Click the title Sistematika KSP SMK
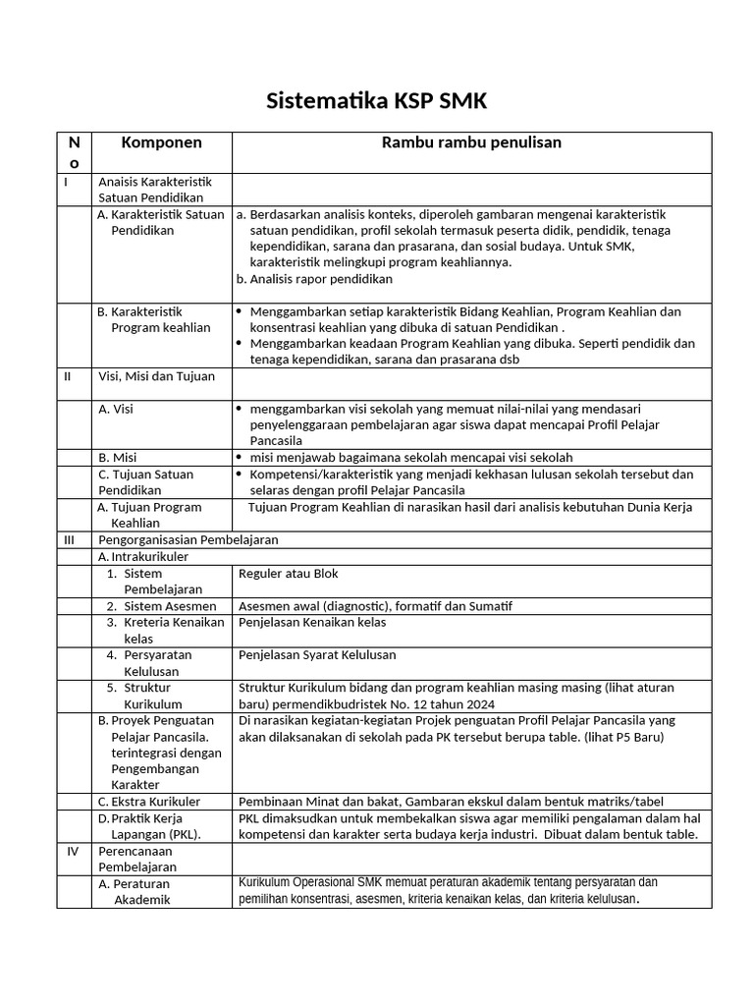point(377,102)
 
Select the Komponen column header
point(161,142)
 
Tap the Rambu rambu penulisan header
point(471,142)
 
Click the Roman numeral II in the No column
point(68,376)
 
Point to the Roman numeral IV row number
point(72,852)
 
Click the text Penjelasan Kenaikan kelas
point(312,622)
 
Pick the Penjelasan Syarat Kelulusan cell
point(317,654)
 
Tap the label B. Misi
point(117,458)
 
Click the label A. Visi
point(116,409)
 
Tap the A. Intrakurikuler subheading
point(142,557)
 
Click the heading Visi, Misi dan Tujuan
point(156,376)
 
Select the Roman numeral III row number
point(69,540)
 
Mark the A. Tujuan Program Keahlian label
point(149,515)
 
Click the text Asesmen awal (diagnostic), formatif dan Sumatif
point(375,606)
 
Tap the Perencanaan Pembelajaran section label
point(137,860)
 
